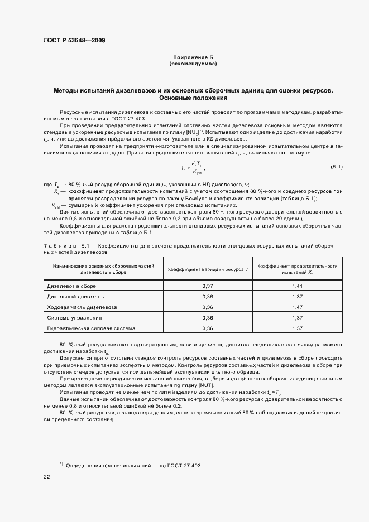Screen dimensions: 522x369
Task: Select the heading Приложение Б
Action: coord(193,58)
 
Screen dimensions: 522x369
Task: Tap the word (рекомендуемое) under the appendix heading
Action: coord(193,64)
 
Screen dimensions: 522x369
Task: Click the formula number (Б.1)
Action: coord(336,167)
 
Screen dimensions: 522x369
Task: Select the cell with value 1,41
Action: coord(297,286)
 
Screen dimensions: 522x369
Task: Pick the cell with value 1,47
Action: coord(297,307)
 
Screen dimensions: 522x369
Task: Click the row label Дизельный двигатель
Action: coord(75,296)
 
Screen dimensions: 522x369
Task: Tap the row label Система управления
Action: coord(75,317)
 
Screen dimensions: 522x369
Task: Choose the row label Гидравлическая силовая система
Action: coord(91,328)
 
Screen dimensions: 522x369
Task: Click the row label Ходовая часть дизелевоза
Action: coord(82,307)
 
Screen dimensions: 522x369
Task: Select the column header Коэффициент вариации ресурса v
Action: coord(208,269)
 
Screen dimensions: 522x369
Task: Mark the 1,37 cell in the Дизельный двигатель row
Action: coord(297,296)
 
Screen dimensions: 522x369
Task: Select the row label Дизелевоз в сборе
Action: coord(71,286)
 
